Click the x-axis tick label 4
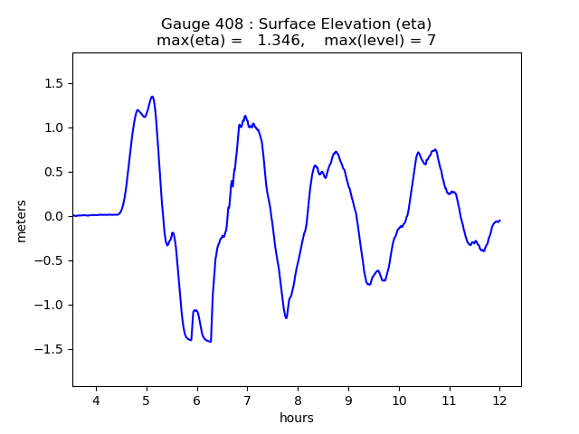point(96,400)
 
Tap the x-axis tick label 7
point(247,400)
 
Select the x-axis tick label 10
point(398,400)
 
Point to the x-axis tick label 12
point(499,400)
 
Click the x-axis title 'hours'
point(297,419)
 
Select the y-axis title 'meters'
point(22,221)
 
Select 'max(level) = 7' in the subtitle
point(380,41)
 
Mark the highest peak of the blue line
point(152,97)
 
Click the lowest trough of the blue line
point(210,342)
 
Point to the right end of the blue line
point(499,221)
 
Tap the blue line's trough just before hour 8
point(286,318)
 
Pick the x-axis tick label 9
point(348,400)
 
